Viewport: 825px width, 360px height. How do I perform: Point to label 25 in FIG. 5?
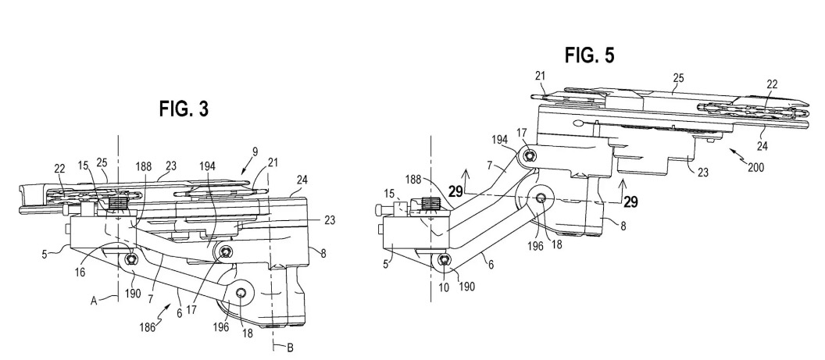tap(678, 77)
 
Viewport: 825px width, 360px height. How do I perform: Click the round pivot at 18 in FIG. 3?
tap(242, 293)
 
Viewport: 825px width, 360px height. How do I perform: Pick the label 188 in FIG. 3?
tap(142, 165)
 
